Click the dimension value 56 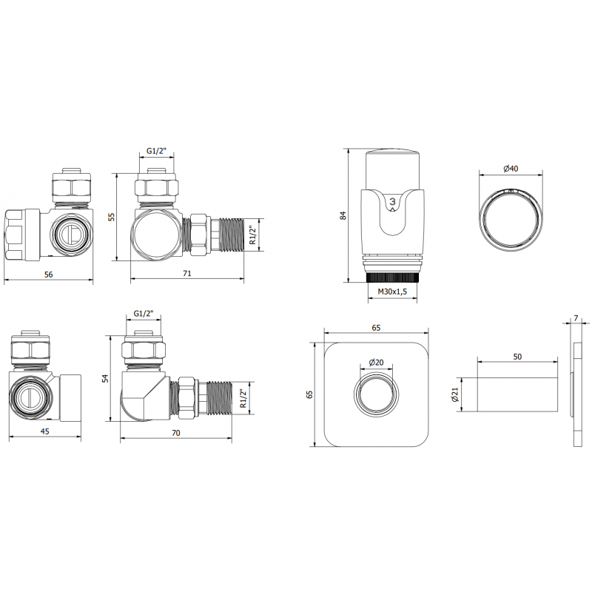[x=48, y=274]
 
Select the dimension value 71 [x=187, y=274]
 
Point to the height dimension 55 [x=112, y=217]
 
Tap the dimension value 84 [x=343, y=215]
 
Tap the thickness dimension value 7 [x=576, y=319]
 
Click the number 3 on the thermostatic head [x=393, y=201]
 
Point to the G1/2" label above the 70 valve [x=143, y=314]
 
